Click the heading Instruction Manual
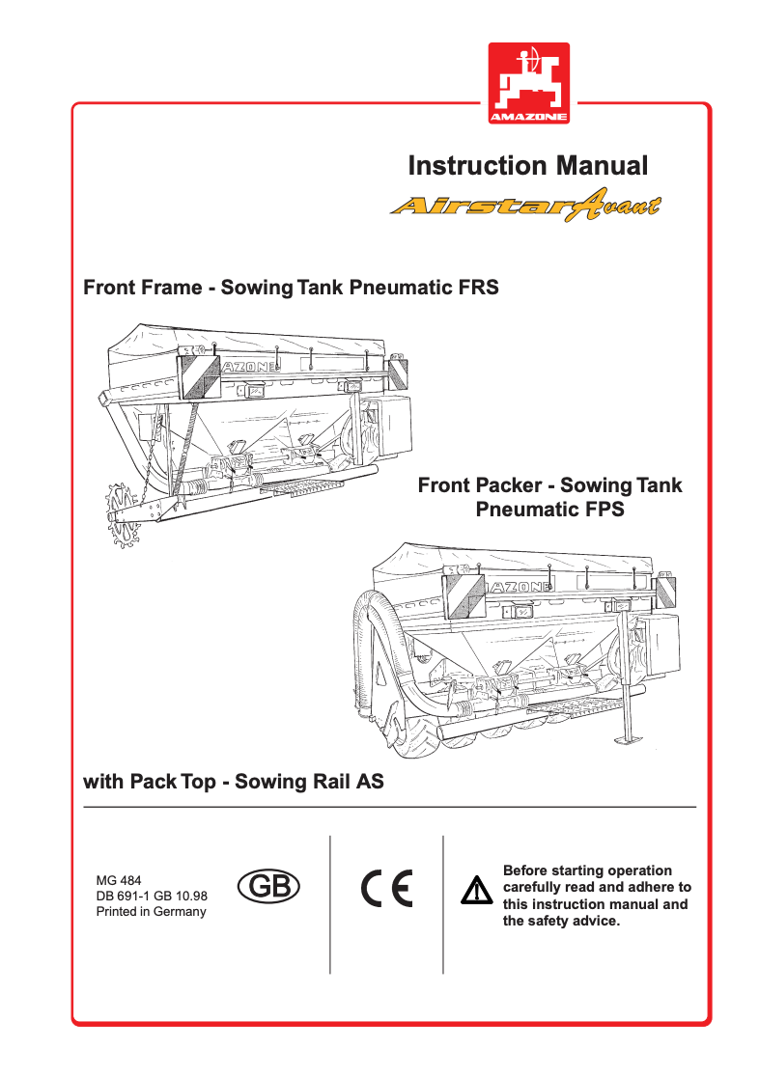tap(528, 165)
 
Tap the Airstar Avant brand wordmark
tap(525, 207)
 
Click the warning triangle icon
tap(476, 892)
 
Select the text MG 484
tap(119, 880)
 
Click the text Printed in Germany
tap(152, 912)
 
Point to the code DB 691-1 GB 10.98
tap(152, 896)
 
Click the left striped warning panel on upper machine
tap(201, 377)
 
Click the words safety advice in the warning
tap(571, 921)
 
